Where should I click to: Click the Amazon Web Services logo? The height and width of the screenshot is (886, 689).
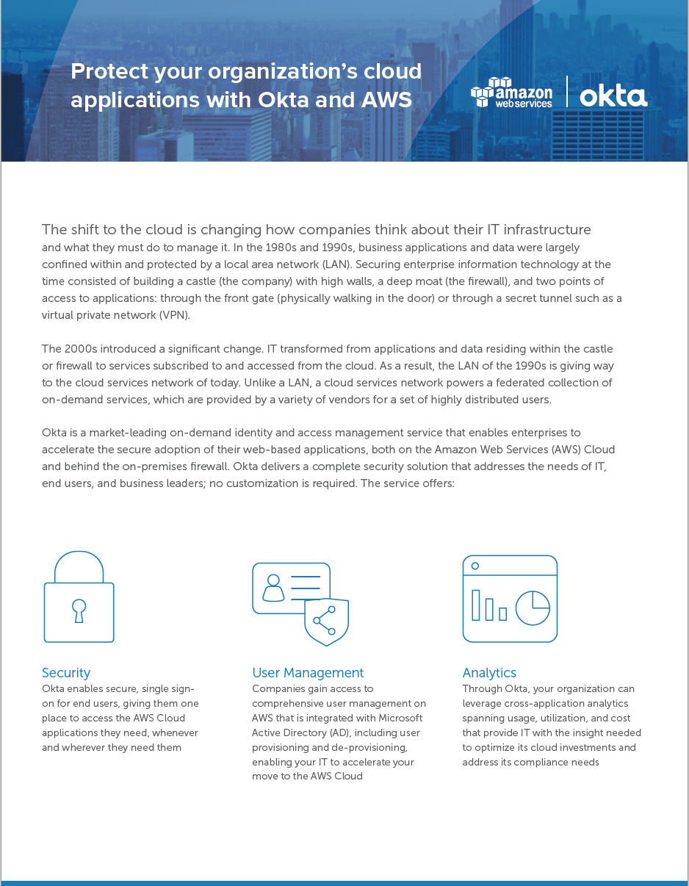click(x=512, y=93)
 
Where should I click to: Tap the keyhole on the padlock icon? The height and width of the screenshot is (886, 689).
click(x=79, y=610)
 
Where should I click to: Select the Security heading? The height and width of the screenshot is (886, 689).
click(x=66, y=673)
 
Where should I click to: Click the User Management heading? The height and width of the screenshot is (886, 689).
click(x=308, y=673)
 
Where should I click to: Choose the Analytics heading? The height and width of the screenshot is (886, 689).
click(x=489, y=673)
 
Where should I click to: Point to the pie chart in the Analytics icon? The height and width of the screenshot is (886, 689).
click(x=533, y=608)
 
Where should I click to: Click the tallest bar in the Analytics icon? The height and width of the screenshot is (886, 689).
click(x=475, y=605)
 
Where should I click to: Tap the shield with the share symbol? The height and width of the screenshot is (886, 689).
click(x=326, y=621)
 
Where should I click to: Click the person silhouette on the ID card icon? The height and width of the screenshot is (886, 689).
click(x=273, y=587)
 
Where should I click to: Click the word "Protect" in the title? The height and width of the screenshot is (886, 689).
click(x=109, y=72)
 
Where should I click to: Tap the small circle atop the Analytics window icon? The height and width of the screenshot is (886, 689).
click(x=475, y=566)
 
